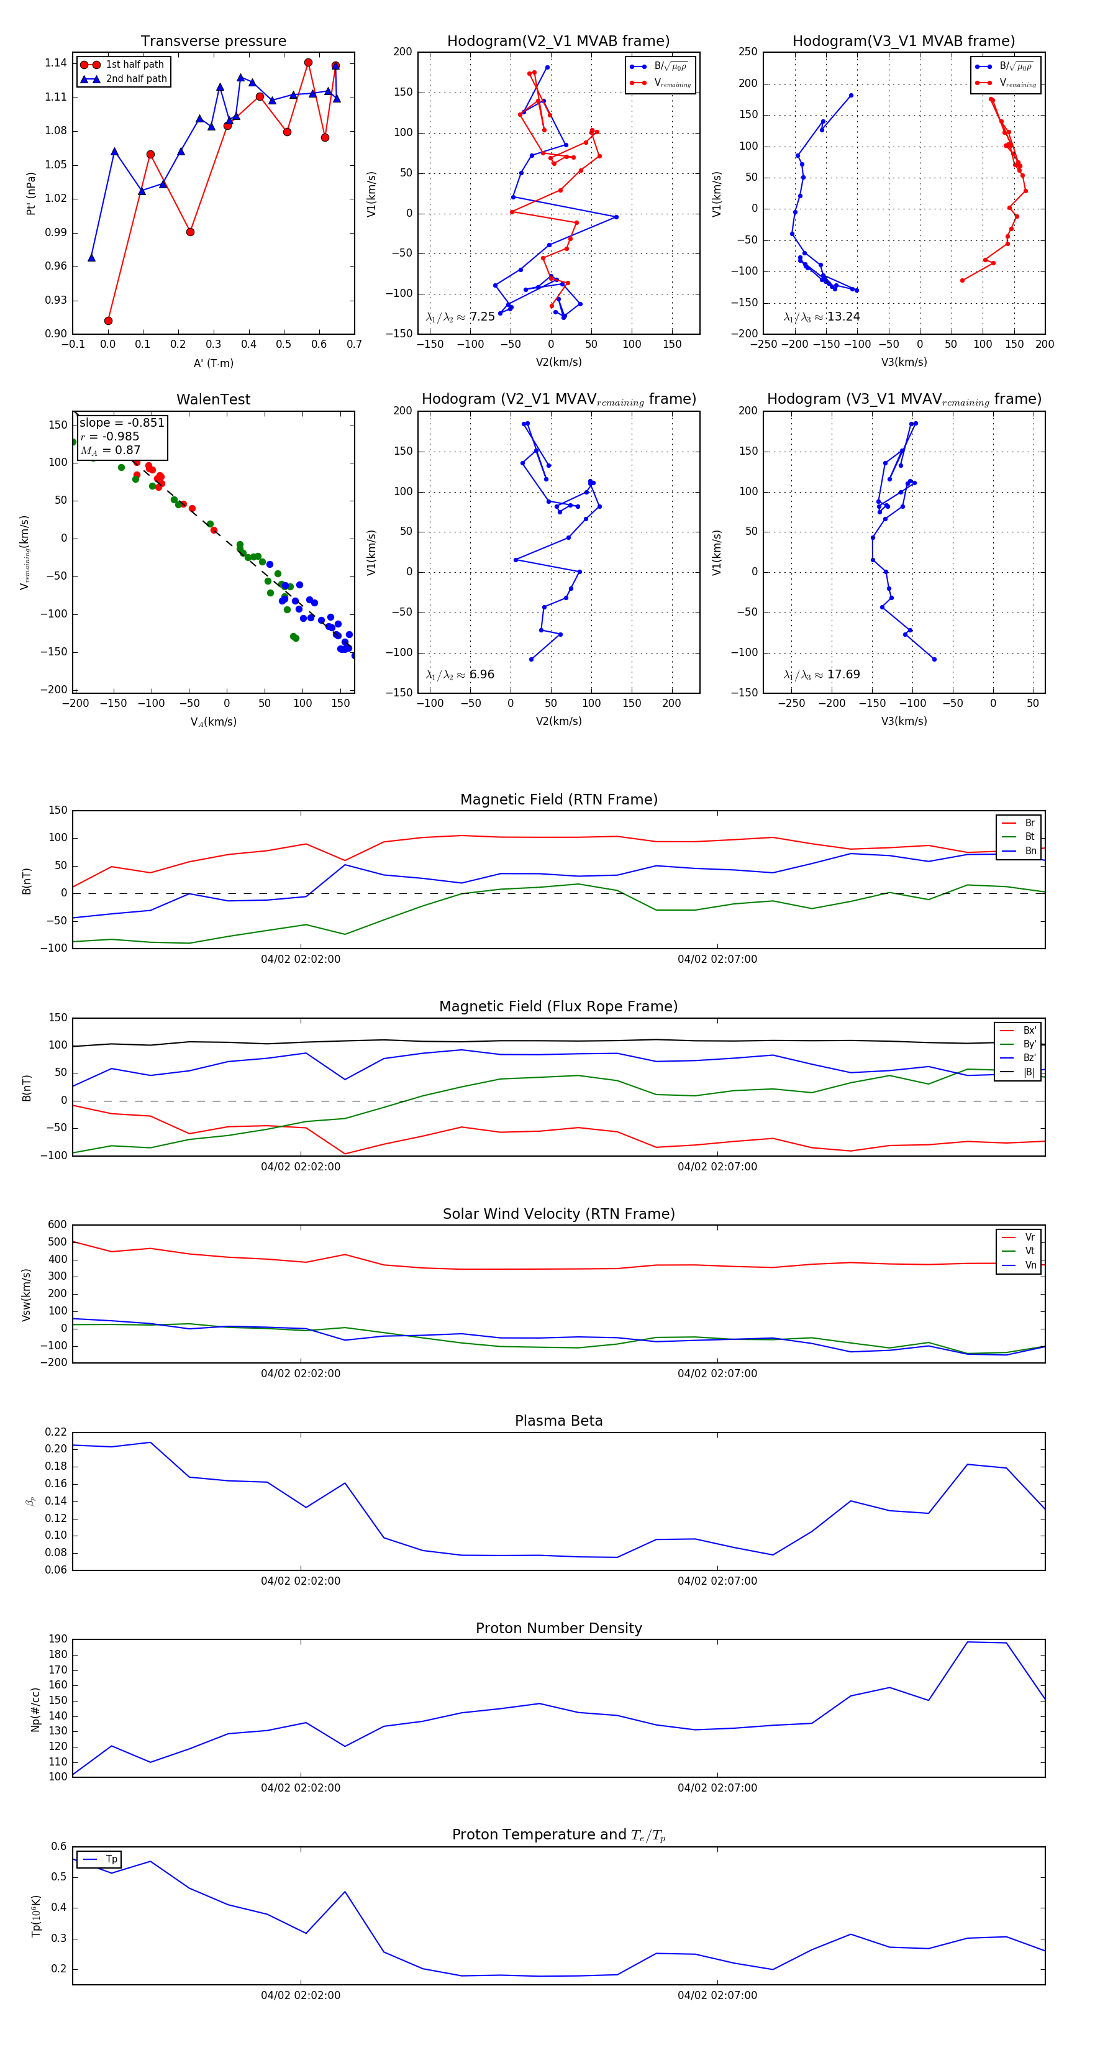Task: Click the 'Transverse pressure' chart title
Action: click(x=213, y=42)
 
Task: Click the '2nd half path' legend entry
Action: click(x=136, y=79)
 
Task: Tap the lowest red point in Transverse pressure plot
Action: click(x=108, y=321)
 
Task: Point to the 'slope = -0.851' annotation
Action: click(x=122, y=422)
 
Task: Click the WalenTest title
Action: click(x=213, y=399)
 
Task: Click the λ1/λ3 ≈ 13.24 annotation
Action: click(x=821, y=317)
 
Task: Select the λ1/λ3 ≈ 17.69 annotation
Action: click(x=821, y=675)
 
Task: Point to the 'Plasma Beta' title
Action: click(x=558, y=1421)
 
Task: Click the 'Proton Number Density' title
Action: click(x=558, y=1628)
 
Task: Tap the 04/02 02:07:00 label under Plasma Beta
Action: click(x=717, y=1580)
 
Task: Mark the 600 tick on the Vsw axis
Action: click(x=57, y=1225)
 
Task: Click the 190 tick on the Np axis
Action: click(x=57, y=1639)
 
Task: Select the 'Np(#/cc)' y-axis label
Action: click(x=35, y=1708)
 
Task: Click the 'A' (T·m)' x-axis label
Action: click(x=213, y=363)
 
